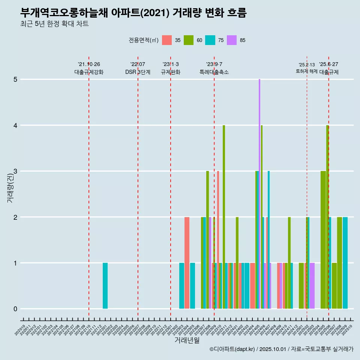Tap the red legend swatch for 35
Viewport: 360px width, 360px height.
point(167,40)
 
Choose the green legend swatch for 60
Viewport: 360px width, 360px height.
point(189,40)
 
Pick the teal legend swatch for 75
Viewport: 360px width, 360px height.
point(210,40)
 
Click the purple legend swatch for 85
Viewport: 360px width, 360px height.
point(232,40)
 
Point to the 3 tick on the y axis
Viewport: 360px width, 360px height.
point(15,171)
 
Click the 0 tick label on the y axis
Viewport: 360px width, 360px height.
point(15,309)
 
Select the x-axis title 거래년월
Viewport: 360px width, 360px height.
point(187,340)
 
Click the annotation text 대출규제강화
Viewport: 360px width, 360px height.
point(89,72)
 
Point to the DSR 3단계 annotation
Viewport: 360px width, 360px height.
point(138,72)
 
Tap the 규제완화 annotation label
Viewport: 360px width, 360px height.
point(171,72)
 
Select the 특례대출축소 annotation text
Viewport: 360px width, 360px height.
point(214,72)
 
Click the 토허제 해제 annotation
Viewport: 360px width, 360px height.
point(307,71)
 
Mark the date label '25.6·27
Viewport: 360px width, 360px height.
point(328,64)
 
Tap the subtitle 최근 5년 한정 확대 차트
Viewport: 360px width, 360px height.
point(55,24)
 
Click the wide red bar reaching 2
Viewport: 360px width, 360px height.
point(187,262)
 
